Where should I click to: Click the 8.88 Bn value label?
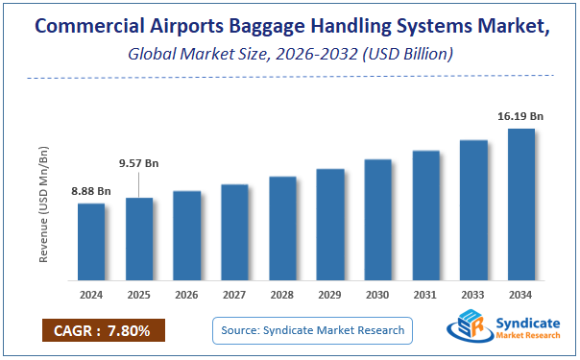[x=91, y=191]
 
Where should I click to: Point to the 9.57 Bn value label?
[x=139, y=163]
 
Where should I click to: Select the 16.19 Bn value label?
[x=520, y=116]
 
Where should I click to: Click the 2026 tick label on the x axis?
[x=187, y=294]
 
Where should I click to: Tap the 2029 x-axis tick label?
[x=330, y=294]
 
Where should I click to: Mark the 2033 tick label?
[x=473, y=294]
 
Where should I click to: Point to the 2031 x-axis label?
[x=425, y=294]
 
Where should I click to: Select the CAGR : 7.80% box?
[x=103, y=331]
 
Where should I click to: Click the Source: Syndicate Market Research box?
[x=313, y=331]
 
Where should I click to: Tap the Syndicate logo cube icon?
[x=469, y=326]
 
